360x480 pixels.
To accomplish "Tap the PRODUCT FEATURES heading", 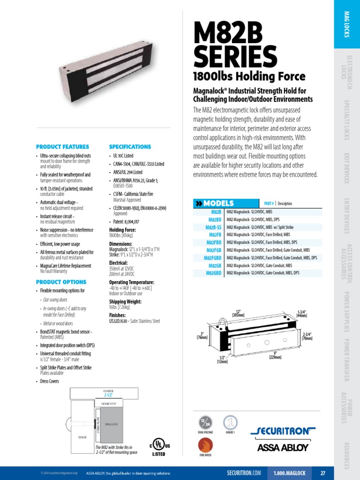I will pyautogui.click(x=61, y=147).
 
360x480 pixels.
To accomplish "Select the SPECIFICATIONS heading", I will pyautogui.click(x=130, y=147).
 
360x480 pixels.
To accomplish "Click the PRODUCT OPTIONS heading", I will pyautogui.click(x=61, y=282).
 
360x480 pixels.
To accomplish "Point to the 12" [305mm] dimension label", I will pyautogui.click(x=239, y=314).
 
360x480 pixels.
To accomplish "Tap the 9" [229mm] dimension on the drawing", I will pyautogui.click(x=275, y=355).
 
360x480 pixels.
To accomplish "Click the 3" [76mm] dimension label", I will pyautogui.click(x=202, y=335).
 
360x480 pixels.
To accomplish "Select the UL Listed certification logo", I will pyautogui.click(x=160, y=447).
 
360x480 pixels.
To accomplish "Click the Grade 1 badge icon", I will pyautogui.click(x=230, y=422).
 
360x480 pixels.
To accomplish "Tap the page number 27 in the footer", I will pyautogui.click(x=323, y=473).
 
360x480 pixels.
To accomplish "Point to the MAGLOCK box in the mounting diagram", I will pyautogui.click(x=112, y=425).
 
